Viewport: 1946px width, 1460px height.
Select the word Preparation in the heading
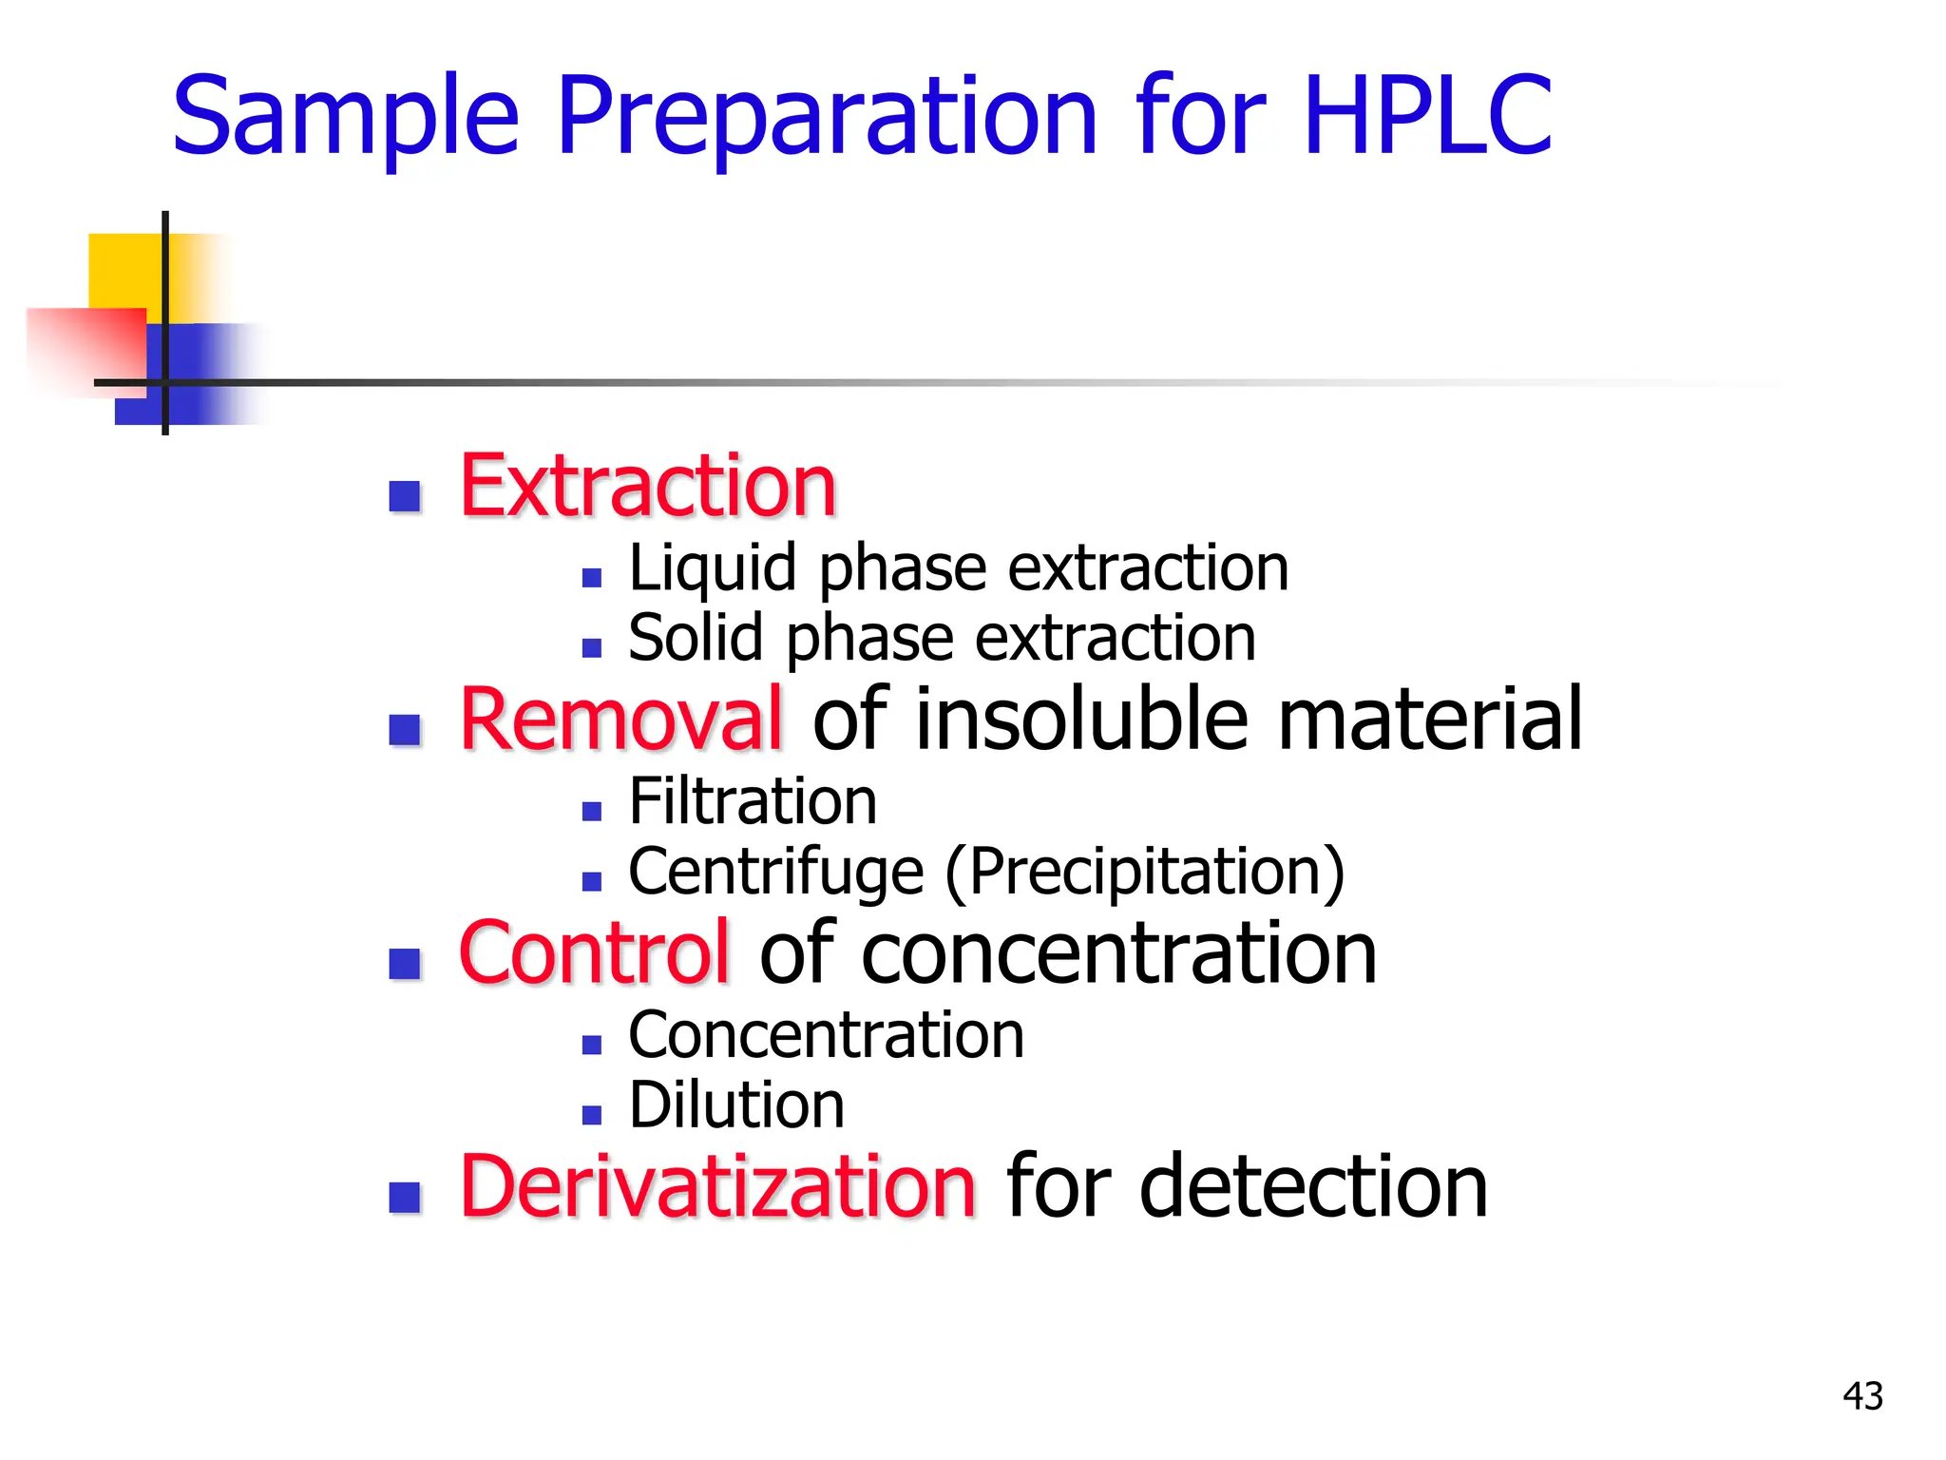pyautogui.click(x=827, y=119)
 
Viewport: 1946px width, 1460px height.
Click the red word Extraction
pyautogui.click(x=647, y=487)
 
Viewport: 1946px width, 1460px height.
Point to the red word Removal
pyautogui.click(x=621, y=720)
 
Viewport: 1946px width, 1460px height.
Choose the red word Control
pyautogui.click(x=594, y=953)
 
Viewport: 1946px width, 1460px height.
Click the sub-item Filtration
pyautogui.click(x=753, y=802)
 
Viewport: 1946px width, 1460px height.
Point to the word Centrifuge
pyautogui.click(x=775, y=873)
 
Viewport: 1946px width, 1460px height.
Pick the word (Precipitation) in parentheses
pyautogui.click(x=1145, y=873)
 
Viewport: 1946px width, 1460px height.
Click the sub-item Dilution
pyautogui.click(x=736, y=1105)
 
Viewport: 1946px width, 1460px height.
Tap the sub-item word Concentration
pyautogui.click(x=826, y=1036)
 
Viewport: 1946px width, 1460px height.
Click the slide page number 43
pyautogui.click(x=1862, y=1396)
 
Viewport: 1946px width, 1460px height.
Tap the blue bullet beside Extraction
pyautogui.click(x=406, y=496)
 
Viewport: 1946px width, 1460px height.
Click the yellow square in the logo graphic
pyautogui.click(x=124, y=270)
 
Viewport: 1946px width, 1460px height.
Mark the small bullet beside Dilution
pyautogui.click(x=592, y=1115)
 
